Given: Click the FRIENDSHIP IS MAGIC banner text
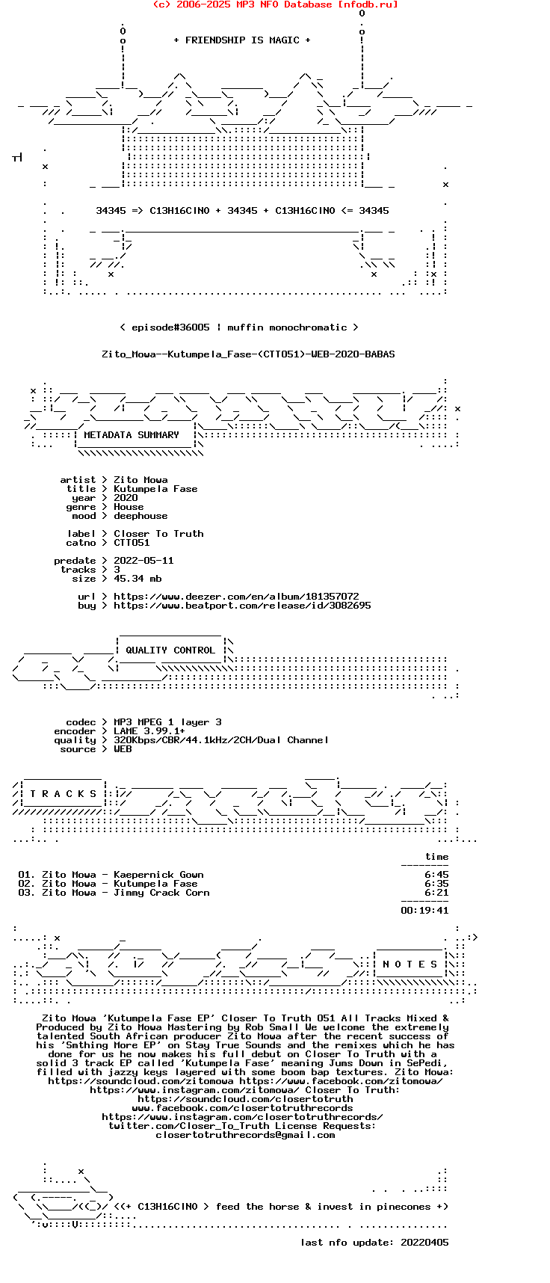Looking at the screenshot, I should (x=242, y=40).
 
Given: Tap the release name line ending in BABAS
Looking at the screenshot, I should (x=248, y=354).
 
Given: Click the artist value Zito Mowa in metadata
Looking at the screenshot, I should (x=140, y=480).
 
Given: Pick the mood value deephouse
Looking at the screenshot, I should (x=140, y=516).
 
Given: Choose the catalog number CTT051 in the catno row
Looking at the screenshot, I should (x=132, y=543).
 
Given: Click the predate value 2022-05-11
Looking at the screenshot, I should (x=143, y=561).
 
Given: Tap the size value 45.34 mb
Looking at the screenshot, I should (x=137, y=579).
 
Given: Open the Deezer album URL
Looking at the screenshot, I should (x=236, y=597).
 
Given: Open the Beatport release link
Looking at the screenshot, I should (x=242, y=606).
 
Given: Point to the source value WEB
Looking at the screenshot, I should (x=123, y=749).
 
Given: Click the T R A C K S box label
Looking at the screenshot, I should (x=64, y=794).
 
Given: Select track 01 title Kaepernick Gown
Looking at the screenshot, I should (x=158, y=875).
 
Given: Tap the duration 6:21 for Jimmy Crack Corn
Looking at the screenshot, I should (x=436, y=893).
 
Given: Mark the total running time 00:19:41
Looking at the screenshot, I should (x=424, y=911).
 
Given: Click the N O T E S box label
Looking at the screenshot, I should (x=410, y=964).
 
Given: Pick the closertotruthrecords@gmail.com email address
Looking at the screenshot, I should (x=245, y=1135).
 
